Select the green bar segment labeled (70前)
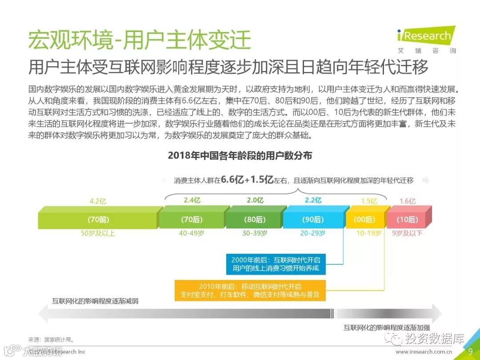98,219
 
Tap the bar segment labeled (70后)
192,219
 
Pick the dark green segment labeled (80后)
254,219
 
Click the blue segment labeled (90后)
313,219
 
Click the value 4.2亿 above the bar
98,201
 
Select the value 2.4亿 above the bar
192,200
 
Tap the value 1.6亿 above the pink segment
407,201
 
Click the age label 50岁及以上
97,233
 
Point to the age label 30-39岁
255,233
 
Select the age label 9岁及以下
407,233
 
